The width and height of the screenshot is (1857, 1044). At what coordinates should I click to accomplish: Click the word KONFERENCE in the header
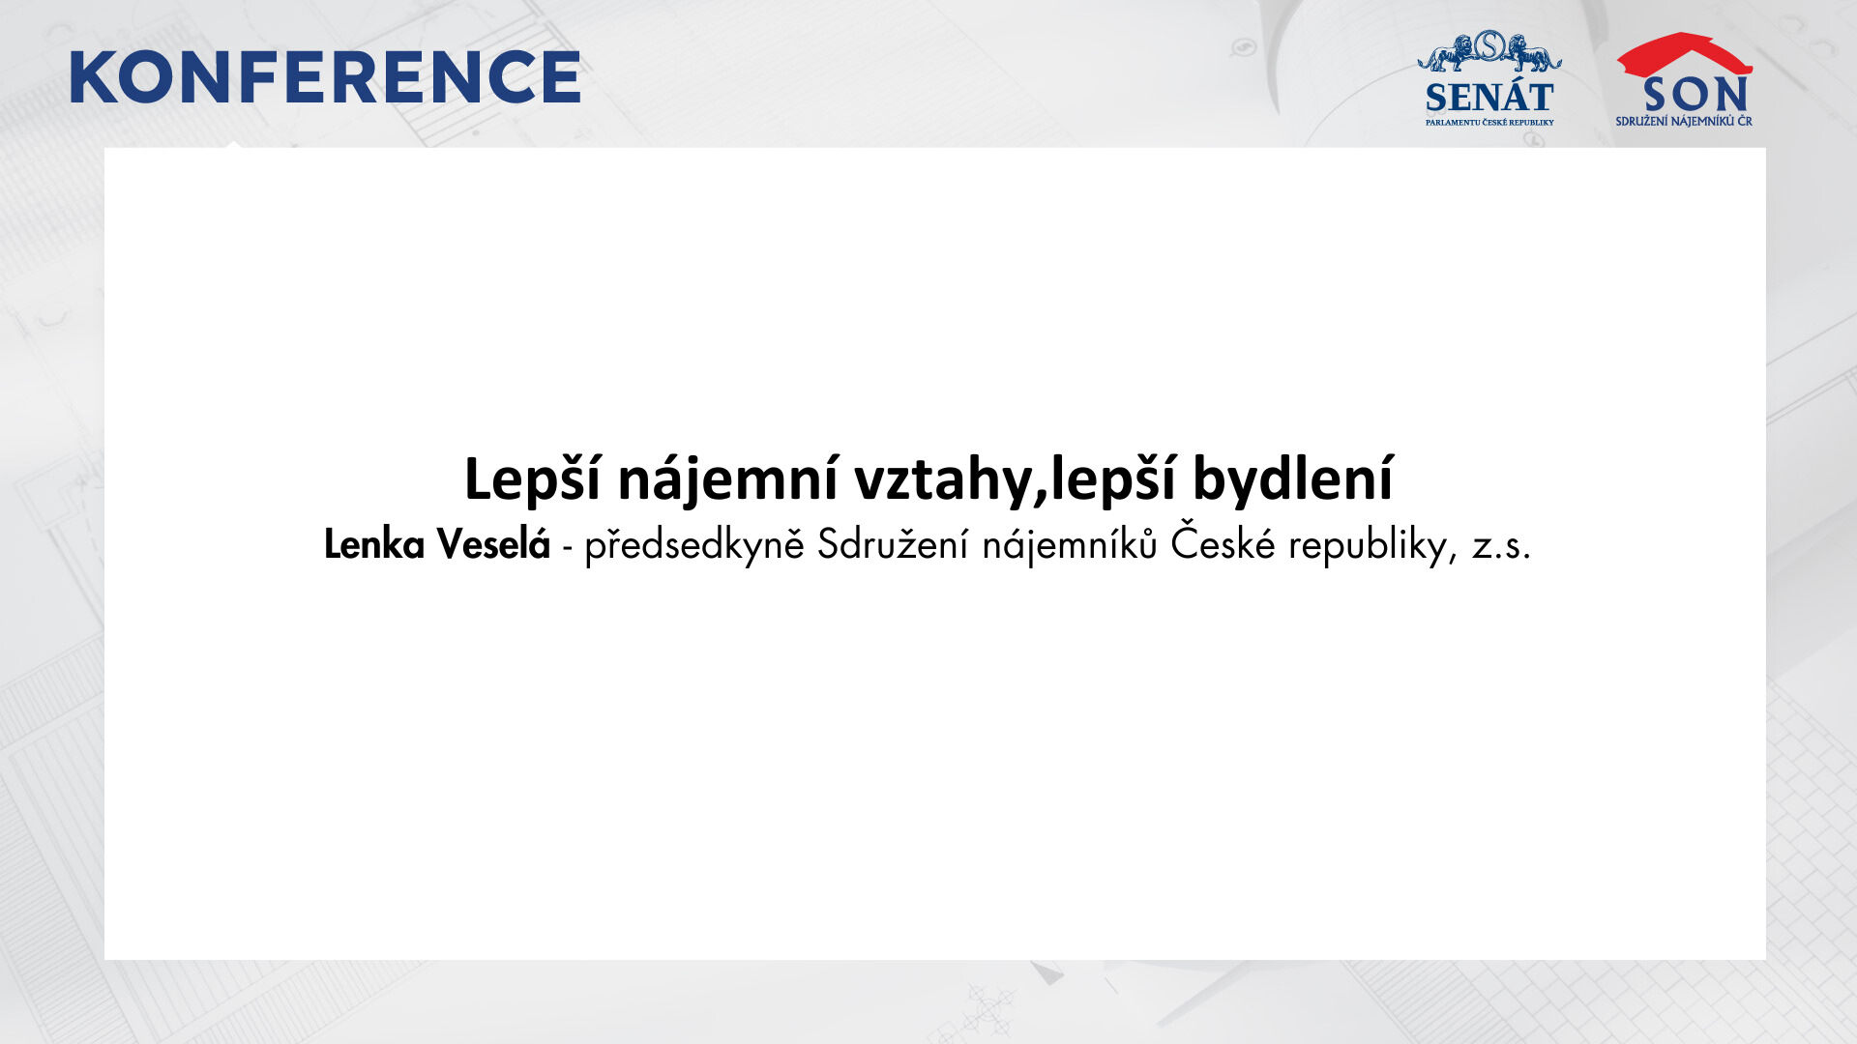325,77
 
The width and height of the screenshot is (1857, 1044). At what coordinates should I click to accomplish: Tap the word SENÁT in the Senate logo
1489,98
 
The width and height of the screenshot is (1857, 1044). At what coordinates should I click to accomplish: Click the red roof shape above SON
1684,53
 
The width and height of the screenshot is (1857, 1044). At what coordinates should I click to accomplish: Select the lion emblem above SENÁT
1489,51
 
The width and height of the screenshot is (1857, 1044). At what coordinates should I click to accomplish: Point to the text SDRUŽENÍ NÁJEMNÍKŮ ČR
1684,121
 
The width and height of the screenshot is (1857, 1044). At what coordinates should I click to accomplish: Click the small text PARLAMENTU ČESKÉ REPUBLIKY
1489,123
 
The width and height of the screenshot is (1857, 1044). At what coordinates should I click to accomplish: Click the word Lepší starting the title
533,478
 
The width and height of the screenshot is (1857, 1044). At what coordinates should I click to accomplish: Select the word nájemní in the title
727,478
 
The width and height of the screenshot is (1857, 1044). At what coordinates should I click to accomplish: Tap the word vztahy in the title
944,479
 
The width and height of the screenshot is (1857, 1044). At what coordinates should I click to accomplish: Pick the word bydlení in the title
1293,478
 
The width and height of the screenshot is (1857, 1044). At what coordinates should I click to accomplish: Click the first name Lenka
374,544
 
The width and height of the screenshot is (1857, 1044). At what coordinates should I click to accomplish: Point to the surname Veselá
493,543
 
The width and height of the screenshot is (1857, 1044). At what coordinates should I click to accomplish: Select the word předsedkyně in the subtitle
694,545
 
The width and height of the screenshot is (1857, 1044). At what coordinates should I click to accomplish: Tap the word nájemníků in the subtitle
1070,545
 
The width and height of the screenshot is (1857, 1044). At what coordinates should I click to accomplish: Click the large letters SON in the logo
1695,95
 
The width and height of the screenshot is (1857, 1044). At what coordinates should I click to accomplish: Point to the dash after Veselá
568,549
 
